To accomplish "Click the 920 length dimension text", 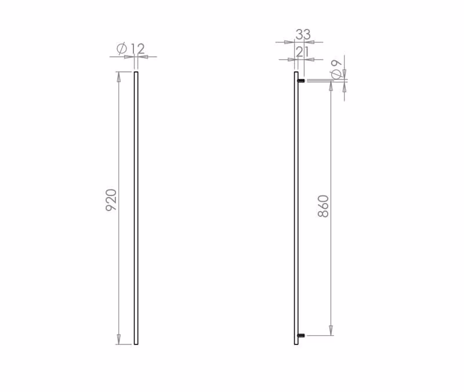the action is click(x=111, y=199).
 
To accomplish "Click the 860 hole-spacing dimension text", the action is click(x=323, y=206).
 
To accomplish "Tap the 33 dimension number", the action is click(x=303, y=34).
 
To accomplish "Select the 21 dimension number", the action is click(x=302, y=52).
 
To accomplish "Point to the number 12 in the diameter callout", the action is click(x=137, y=49).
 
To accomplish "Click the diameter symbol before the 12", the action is click(x=122, y=48).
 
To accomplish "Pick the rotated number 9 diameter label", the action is click(x=337, y=70).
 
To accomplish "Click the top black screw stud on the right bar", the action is click(x=301, y=81).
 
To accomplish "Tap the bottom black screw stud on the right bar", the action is click(x=301, y=336).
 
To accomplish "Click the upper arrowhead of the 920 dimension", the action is click(x=119, y=77).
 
